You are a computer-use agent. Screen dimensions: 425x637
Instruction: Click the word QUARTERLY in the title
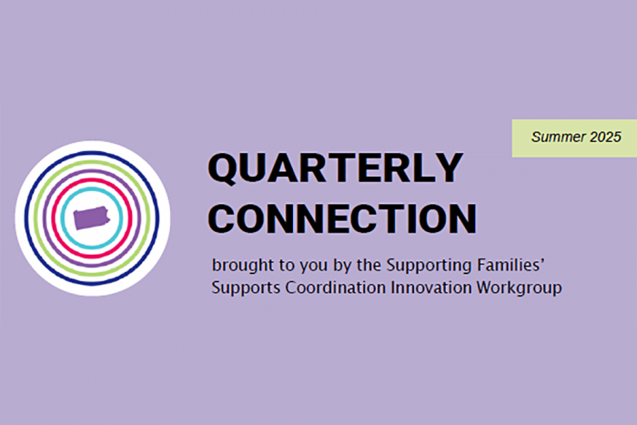335,168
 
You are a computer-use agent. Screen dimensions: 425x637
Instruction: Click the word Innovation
429,288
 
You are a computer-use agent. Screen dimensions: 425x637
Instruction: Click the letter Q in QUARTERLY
224,168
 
